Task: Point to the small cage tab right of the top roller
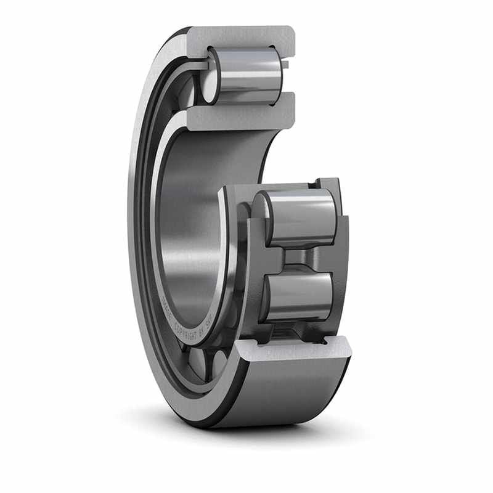tap(286, 63)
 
